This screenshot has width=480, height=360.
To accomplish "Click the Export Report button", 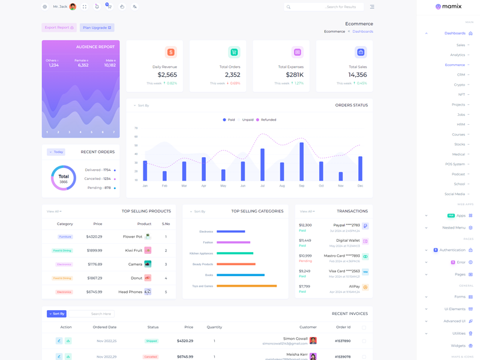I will [x=59, y=28].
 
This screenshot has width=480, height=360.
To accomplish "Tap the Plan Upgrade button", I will [x=97, y=28].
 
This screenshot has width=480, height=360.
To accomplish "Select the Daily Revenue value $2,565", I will [x=167, y=75].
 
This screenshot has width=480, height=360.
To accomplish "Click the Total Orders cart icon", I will [x=234, y=52].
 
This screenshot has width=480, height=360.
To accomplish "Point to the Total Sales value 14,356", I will [x=358, y=75].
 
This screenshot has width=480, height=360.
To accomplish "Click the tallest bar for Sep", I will [x=301, y=161].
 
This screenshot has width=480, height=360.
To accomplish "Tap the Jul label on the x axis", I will [x=262, y=186].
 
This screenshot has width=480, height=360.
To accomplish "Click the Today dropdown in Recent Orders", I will [x=56, y=152].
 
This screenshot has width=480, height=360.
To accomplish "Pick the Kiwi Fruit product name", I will [x=133, y=250].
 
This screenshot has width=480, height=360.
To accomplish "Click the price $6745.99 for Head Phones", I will [x=94, y=292].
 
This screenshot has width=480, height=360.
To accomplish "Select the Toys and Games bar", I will [x=247, y=286].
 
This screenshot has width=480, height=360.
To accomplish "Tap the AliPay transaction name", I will [x=354, y=286].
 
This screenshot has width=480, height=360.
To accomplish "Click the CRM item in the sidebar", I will [x=461, y=74].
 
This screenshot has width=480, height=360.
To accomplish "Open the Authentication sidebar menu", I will [x=452, y=250].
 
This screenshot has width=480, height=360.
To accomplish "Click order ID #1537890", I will [x=343, y=341].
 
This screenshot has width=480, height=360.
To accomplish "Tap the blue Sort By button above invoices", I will [x=56, y=314].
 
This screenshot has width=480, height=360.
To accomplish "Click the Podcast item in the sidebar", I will [x=458, y=174].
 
